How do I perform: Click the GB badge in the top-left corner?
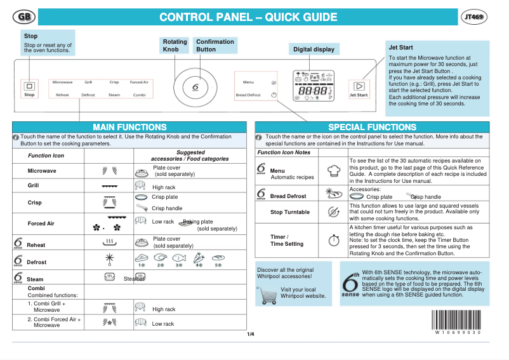23,17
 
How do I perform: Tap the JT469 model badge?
475,17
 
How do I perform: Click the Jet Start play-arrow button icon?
359,85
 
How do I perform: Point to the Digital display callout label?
314,50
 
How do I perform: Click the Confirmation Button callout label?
215,45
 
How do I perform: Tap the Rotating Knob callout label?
175,45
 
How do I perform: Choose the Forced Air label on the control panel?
139,83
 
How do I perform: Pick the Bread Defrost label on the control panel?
248,95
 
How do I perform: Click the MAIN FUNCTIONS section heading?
129,127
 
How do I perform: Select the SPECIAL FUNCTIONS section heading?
373,127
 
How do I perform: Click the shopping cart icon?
266,295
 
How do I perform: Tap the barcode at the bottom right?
457,319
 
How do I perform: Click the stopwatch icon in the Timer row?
334,241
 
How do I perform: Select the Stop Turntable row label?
289,212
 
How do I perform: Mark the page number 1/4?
250,334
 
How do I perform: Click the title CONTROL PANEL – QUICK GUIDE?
248,17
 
